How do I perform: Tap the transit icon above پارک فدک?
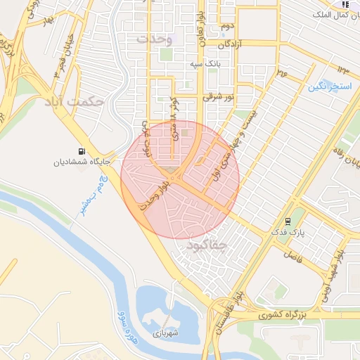pyautogui.click(x=288, y=221)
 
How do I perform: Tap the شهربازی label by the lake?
pyautogui.click(x=166, y=333)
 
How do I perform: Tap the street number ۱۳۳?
pyautogui.click(x=343, y=69)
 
